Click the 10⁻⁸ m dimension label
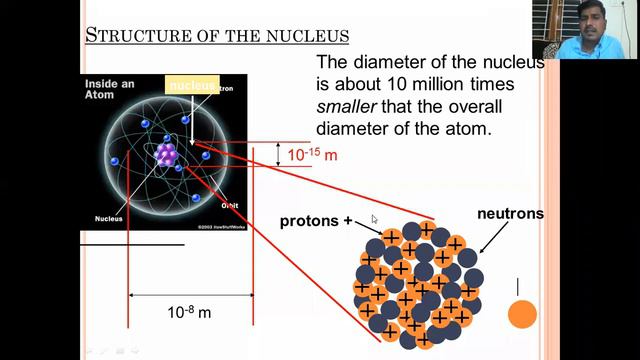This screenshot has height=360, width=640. click(x=189, y=312)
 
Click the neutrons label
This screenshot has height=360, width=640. click(x=510, y=214)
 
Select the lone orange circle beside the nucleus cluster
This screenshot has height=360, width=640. click(x=522, y=315)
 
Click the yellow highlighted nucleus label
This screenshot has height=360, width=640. click(x=192, y=86)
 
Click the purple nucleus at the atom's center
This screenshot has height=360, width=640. click(x=167, y=153)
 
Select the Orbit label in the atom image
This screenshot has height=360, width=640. click(x=229, y=206)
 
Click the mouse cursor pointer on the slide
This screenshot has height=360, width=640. click(x=375, y=220)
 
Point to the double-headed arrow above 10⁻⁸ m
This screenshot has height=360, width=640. click(x=190, y=295)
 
